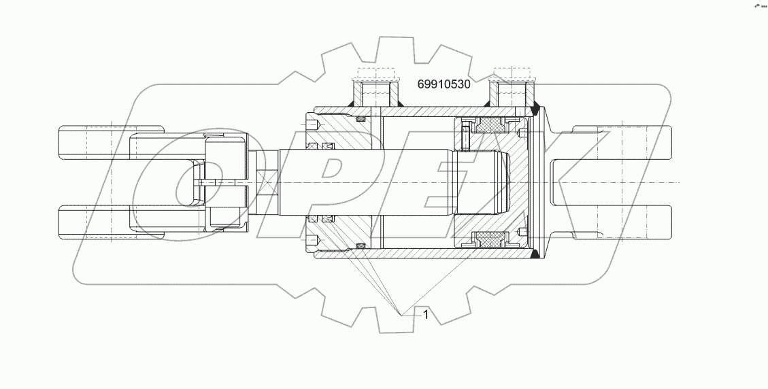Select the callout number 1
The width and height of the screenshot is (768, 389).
coord(425,314)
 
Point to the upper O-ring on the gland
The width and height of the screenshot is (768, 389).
coord(361,120)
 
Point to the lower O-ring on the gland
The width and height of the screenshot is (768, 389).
coord(361,245)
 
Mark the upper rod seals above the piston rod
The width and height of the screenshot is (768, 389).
coord(321,147)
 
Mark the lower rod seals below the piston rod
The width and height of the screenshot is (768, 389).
coord(321,218)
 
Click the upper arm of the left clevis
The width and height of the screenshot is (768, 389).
coord(109,141)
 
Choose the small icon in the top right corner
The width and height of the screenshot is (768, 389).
coord(759,5)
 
